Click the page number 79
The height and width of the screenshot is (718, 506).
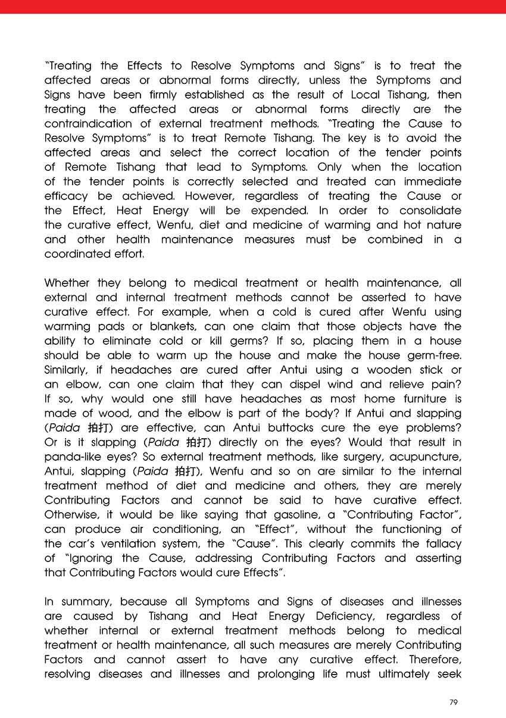coord(454,703)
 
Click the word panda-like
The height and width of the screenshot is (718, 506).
coord(74,457)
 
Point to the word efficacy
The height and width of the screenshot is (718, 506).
coord(67,196)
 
